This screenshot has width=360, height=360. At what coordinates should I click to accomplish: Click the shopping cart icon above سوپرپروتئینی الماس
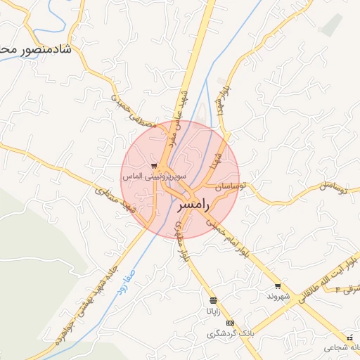[153, 166]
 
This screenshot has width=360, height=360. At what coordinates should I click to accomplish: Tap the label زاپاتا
[213, 310]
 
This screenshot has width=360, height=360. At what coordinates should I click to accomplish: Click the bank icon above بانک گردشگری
[231, 322]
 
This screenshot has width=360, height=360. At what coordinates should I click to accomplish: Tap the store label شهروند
[279, 296]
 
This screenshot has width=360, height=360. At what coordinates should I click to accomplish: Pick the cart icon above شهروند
[278, 285]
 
